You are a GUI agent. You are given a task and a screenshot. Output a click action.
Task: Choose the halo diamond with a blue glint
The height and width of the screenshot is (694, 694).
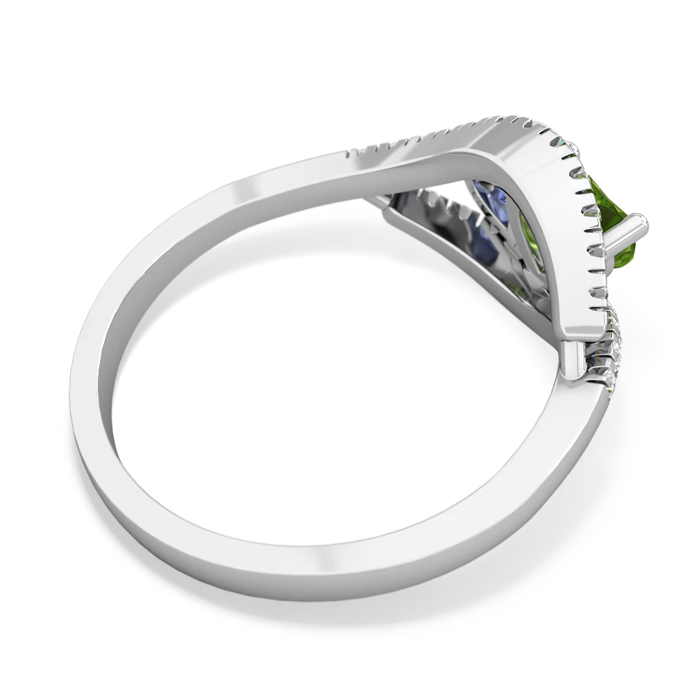tap(561, 139)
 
